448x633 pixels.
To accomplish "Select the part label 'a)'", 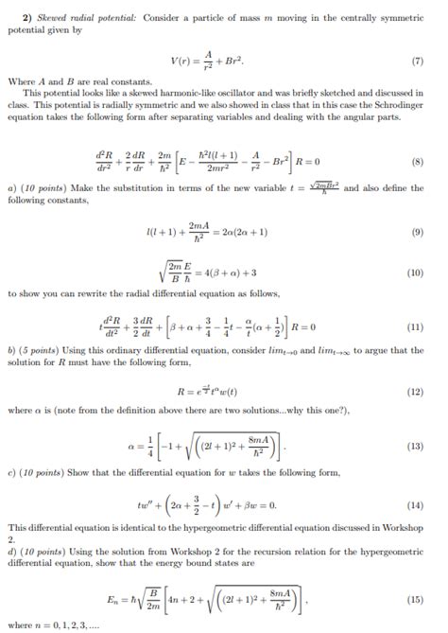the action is pos(10,189).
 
